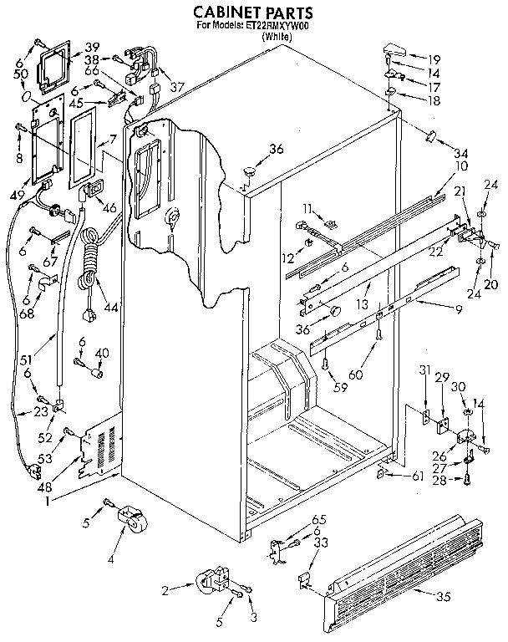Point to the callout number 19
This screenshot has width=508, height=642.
[x=434, y=59]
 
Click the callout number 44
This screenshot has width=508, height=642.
[x=111, y=307]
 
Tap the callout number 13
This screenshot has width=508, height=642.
[x=362, y=303]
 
